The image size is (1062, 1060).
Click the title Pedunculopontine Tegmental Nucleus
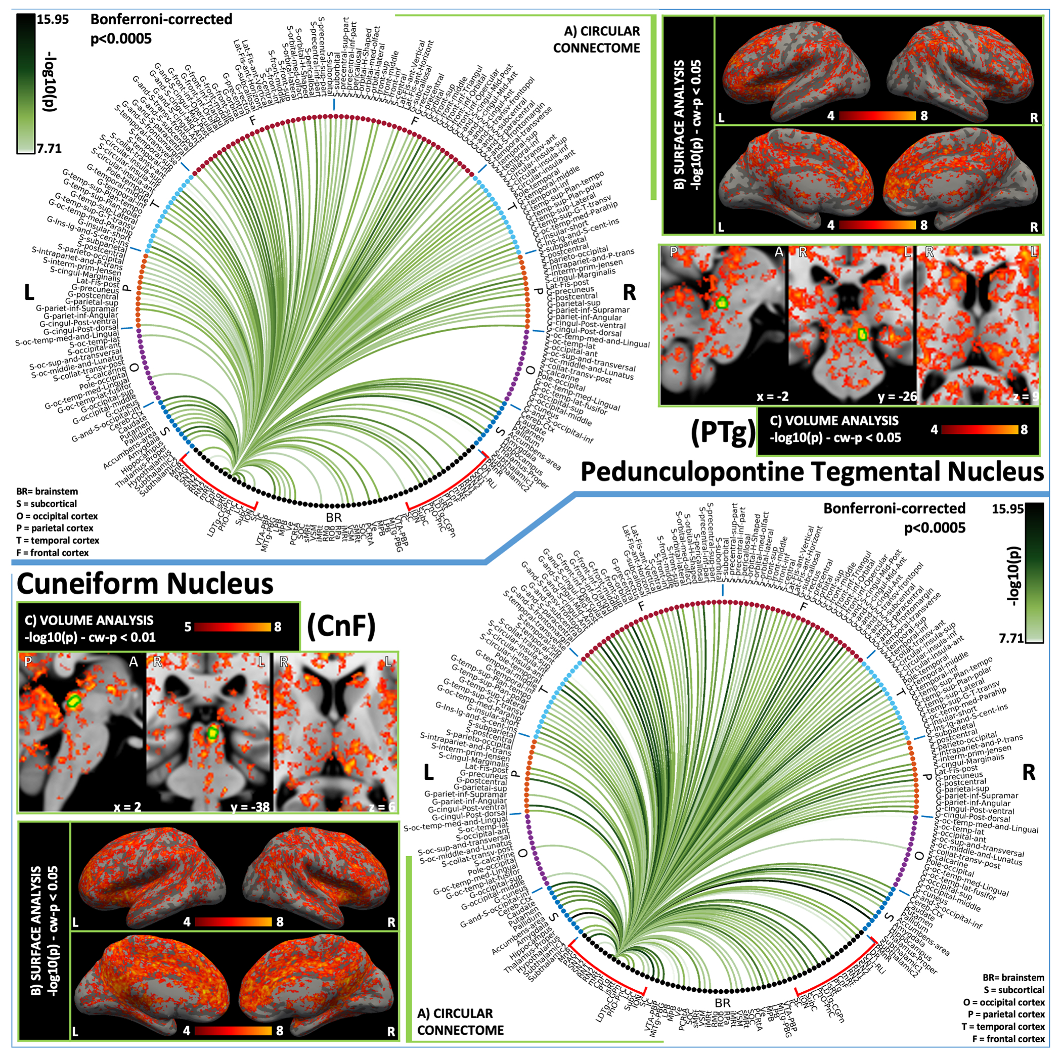811,472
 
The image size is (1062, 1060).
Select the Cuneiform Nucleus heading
145,583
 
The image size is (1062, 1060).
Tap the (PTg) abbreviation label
722,432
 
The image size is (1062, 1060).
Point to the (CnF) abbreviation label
341,626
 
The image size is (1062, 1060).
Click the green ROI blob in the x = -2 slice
721,302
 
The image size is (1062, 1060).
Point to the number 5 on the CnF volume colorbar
188,627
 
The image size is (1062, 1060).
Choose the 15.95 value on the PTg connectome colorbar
53,20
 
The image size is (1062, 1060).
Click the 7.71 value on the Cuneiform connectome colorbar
1011,638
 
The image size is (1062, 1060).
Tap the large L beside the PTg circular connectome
29,293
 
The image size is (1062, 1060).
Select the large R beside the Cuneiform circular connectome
1029,772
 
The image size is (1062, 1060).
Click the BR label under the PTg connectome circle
334,517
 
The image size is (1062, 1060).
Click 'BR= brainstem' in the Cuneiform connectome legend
1013,978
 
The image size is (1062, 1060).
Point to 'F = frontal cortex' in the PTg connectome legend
53,553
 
